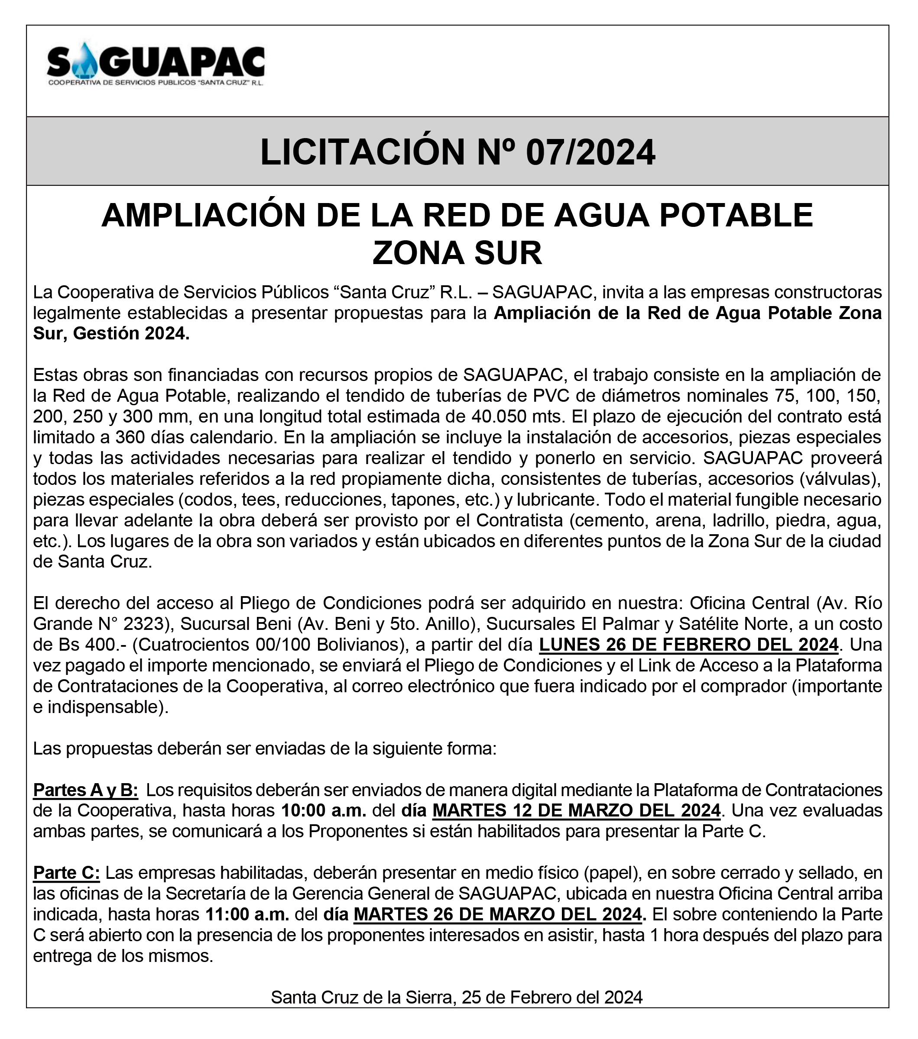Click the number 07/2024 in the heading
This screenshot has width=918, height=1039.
click(x=590, y=152)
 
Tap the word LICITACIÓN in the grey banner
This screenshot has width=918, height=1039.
click(x=362, y=152)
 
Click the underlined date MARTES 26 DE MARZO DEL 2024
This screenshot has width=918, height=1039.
click(x=497, y=914)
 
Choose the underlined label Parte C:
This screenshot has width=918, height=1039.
click(x=67, y=873)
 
